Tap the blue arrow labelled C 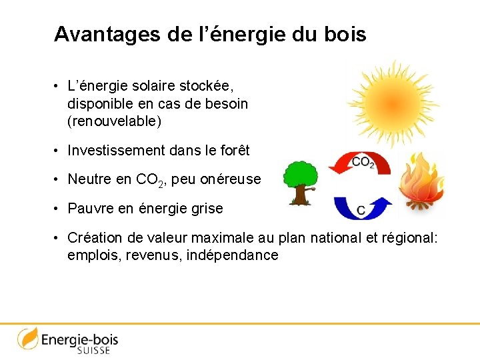[360, 206]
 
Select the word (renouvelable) [114, 122]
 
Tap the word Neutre [90, 179]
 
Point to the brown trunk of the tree [301, 195]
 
